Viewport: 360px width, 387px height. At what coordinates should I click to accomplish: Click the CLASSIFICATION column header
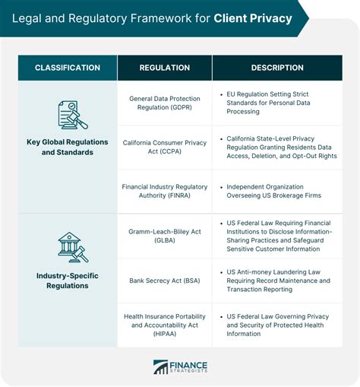pos(68,68)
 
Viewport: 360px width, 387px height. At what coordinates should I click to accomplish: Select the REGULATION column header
pos(165,68)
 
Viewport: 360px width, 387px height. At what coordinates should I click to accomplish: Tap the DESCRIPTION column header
pos(277,68)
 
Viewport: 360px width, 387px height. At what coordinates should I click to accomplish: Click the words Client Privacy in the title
pos(253,18)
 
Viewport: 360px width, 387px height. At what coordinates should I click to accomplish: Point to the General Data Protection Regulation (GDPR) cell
pos(165,103)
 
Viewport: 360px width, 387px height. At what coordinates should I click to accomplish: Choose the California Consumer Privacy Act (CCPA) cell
pos(165,147)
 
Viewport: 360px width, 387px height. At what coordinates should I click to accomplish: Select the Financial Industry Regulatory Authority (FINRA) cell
pos(165,191)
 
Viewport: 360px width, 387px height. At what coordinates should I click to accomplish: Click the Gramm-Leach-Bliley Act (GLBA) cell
pos(165,236)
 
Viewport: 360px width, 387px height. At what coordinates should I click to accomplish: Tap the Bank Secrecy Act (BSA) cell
pos(165,281)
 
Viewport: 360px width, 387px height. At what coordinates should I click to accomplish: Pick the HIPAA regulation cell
pos(165,325)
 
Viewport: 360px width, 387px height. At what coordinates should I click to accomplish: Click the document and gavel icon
pos(73,115)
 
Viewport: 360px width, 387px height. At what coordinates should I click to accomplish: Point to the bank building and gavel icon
pos(73,247)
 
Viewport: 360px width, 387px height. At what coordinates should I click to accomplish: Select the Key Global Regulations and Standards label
pos(68,147)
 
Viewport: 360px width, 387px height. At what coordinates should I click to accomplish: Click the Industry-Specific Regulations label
pos(68,281)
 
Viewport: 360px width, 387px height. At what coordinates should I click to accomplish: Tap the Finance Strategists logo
pos(180,367)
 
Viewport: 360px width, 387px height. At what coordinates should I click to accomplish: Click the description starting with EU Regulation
pos(268,103)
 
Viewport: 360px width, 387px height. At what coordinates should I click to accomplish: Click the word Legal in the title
pos(27,19)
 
